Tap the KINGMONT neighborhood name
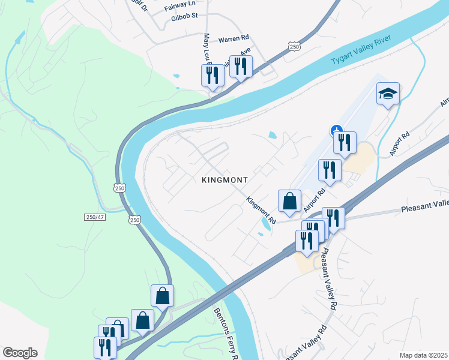225,179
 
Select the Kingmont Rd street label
261,211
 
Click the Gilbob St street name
184,16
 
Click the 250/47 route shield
95,216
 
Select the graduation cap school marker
388,94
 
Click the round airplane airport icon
337,128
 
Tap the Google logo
19,353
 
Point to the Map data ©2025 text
423,355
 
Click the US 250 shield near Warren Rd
294,46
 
